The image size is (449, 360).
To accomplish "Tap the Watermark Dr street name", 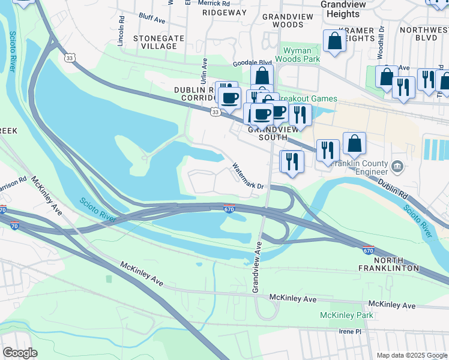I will pyautogui.click(x=248, y=176).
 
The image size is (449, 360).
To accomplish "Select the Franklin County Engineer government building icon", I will pyautogui.click(x=397, y=166).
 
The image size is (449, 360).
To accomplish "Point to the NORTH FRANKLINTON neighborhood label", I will pyautogui.click(x=396, y=264).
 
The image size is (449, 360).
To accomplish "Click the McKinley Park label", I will pyautogui.click(x=346, y=315).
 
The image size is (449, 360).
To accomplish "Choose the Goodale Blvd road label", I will pyautogui.click(x=253, y=62).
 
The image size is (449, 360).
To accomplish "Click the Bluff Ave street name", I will pyautogui.click(x=151, y=19).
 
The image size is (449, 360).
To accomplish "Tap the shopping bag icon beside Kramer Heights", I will pyautogui.click(x=335, y=41).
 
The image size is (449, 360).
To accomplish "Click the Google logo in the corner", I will pyautogui.click(x=20, y=353).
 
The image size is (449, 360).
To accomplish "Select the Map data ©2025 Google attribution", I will pyautogui.click(x=412, y=355).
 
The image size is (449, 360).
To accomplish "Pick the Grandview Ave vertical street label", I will pyautogui.click(x=256, y=268).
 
